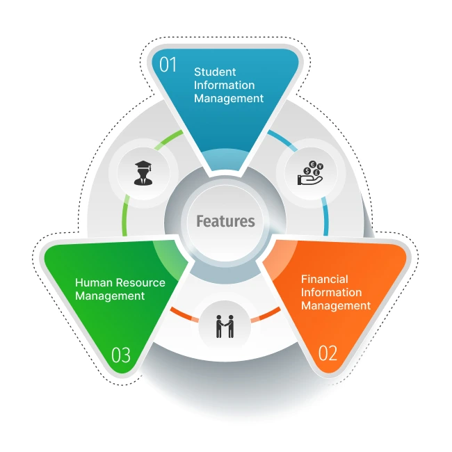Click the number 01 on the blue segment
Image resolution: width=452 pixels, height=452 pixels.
coord(169,66)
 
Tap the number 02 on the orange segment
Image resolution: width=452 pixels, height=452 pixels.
coord(328,353)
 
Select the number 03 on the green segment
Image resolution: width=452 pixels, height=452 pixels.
coord(121,355)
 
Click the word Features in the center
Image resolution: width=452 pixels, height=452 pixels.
coord(225,222)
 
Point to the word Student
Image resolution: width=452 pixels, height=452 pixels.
coord(215,72)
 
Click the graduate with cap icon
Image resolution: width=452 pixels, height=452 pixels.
coord(142,172)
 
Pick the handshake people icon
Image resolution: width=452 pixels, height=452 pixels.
coord(225,325)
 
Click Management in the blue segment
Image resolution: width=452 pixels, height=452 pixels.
coord(229,98)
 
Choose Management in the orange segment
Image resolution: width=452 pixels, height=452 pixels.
coord(336,305)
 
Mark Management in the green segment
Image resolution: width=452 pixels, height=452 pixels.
coord(110,296)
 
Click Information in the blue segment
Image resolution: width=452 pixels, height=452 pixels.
coord(225,85)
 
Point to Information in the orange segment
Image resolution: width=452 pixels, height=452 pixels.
coord(332,292)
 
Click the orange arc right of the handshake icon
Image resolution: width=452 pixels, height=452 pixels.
coord(266,314)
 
